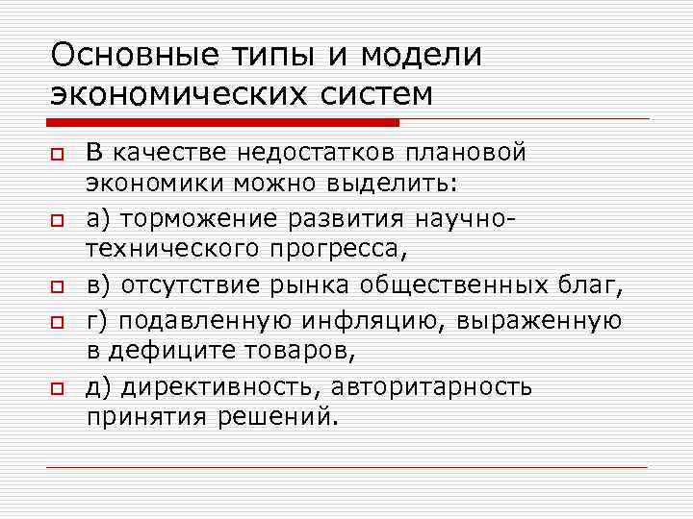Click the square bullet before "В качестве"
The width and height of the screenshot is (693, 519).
coord(57,155)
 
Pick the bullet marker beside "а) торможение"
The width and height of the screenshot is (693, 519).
coord(57,221)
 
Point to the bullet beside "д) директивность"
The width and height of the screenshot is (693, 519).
coord(57,387)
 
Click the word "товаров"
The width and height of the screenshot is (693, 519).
coord(305,352)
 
